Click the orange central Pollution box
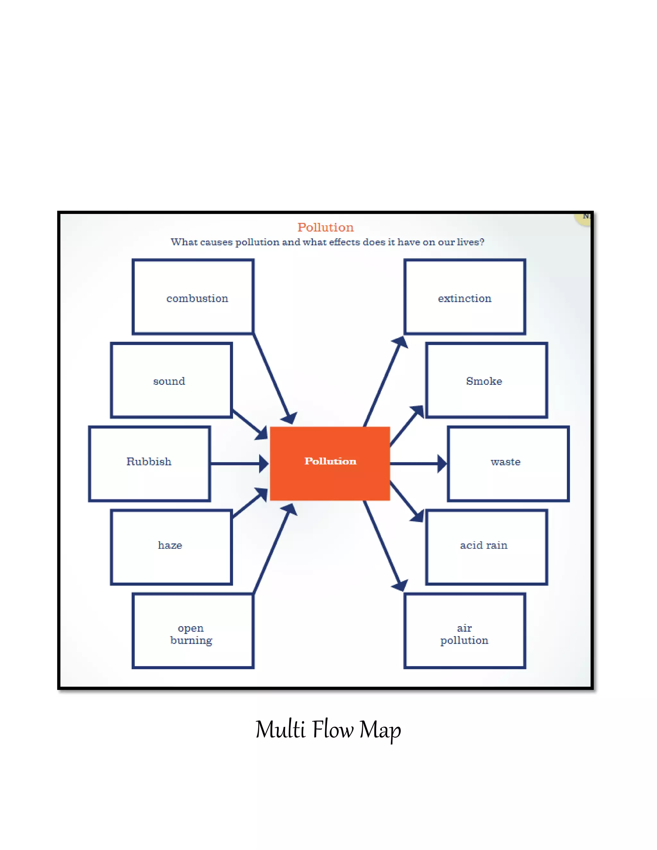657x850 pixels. [x=330, y=463]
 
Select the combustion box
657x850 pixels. [x=193, y=297]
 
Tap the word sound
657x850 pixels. [x=169, y=381]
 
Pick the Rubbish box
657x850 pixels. [x=149, y=463]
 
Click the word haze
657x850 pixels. [x=170, y=545]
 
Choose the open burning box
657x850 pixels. [x=193, y=631]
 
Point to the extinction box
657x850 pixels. [x=465, y=297]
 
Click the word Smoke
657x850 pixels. [x=484, y=381]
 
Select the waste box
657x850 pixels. [x=508, y=463]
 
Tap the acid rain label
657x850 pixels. [x=483, y=545]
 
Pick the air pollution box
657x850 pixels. [x=465, y=631]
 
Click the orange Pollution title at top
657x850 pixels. [x=325, y=227]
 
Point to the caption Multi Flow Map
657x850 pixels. [x=328, y=729]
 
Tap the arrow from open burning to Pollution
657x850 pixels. [x=272, y=549]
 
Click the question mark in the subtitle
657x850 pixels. [x=482, y=242]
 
